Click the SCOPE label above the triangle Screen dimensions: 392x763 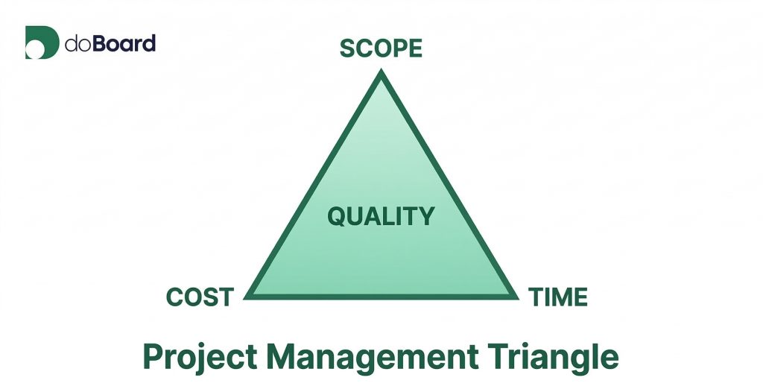(381, 48)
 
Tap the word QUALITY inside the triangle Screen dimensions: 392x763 (381, 216)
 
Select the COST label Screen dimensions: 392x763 (200, 297)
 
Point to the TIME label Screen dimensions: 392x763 (558, 297)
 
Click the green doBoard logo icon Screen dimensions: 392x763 (41, 42)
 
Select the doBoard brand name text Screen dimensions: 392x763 (110, 43)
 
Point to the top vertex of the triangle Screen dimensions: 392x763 (381, 73)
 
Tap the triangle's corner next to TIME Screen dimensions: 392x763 (515, 296)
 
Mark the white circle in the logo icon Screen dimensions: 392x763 (34, 51)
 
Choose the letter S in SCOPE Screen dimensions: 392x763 (347, 48)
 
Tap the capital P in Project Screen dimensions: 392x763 (153, 357)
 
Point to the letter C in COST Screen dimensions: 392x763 (174, 297)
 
